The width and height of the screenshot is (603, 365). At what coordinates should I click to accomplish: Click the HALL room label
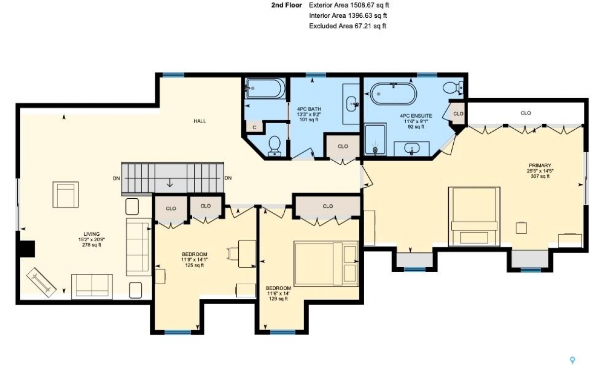(200, 121)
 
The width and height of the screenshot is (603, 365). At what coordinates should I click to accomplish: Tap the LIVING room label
(92, 234)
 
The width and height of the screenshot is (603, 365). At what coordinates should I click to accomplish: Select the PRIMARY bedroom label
(540, 165)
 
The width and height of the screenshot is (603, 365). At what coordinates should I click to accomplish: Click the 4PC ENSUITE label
(416, 116)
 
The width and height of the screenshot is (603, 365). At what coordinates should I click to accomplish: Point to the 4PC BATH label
(309, 109)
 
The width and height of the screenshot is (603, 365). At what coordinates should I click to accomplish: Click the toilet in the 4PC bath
(275, 145)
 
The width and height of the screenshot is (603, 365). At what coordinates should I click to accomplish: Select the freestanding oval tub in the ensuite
(393, 94)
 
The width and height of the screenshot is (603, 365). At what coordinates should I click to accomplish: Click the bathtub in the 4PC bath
(266, 89)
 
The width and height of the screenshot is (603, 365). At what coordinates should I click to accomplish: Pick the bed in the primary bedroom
(474, 216)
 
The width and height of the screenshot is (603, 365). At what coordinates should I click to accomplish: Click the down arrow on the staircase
(169, 184)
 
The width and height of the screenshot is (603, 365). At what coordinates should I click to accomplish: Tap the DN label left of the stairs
(116, 178)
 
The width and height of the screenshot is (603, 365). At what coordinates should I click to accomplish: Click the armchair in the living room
(66, 194)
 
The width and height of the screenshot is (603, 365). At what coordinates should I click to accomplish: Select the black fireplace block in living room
(27, 248)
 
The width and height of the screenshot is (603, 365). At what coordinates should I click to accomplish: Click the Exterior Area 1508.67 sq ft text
(349, 6)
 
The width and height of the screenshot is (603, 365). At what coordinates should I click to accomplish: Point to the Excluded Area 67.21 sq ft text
(348, 26)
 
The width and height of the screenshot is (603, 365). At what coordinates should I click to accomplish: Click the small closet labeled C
(254, 128)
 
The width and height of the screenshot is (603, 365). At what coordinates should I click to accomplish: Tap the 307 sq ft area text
(540, 176)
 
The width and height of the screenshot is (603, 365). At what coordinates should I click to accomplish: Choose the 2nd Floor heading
(286, 6)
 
